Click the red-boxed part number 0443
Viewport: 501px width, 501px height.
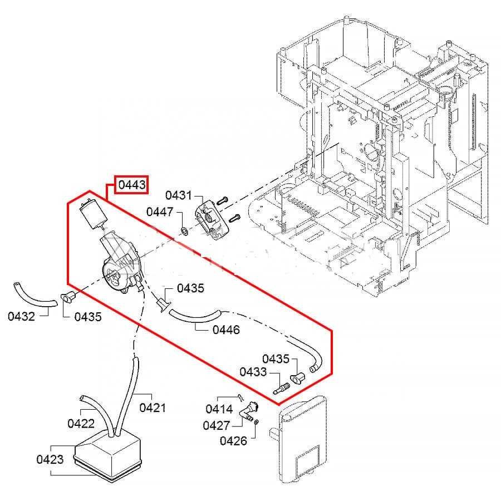point(132,185)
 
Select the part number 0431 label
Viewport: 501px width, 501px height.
point(179,195)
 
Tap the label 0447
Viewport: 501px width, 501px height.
point(160,212)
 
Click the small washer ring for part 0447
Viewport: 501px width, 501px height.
point(184,230)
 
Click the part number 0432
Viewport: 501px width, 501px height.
point(21,316)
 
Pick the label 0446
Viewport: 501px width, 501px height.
point(226,330)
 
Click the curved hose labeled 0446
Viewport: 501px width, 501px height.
point(195,316)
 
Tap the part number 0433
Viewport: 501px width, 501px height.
point(253,372)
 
